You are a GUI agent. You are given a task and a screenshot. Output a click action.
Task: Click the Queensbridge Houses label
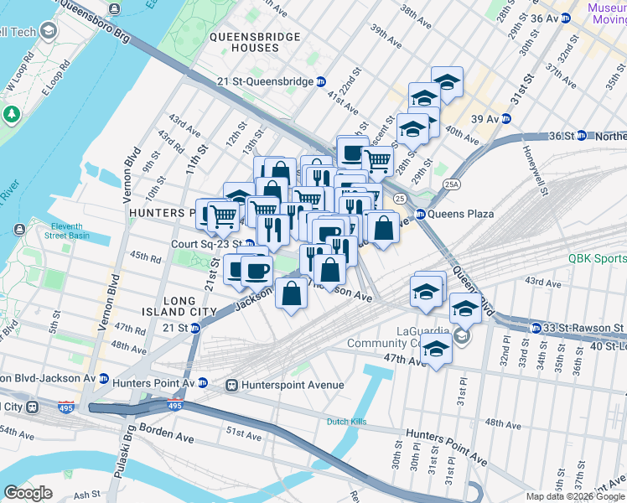coord(244,43)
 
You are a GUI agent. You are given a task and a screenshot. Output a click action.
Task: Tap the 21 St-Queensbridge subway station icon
coord(321,81)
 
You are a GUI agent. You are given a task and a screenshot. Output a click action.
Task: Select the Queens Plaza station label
coord(460,214)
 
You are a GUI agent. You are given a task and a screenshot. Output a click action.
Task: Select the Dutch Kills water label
coord(349,422)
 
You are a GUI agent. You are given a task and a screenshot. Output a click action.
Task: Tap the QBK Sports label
coord(597,259)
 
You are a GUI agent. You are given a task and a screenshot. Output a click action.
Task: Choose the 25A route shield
coord(453,184)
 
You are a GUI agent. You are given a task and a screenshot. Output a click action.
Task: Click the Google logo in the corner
coord(28,492)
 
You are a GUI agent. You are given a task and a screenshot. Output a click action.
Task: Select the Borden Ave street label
coord(168,438)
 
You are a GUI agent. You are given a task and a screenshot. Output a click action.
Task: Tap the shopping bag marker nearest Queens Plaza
coord(382,227)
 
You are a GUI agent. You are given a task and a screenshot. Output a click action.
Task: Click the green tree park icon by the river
coord(12,113)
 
